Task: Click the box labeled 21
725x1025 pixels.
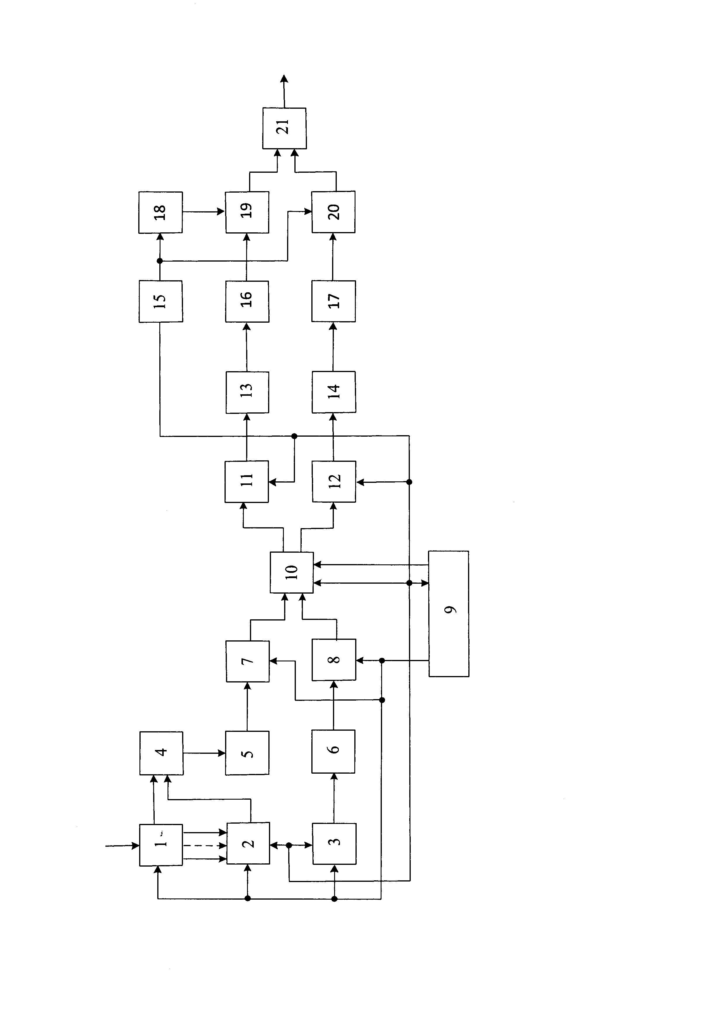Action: pos(284,128)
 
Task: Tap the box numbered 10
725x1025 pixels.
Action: pos(291,572)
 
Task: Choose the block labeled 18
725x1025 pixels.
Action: pos(160,212)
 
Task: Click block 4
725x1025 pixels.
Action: pos(161,753)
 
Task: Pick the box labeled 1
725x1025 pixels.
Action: pos(161,845)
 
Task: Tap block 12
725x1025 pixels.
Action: pos(334,481)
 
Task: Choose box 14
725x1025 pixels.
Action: pos(334,392)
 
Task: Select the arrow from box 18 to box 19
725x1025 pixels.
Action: pos(203,212)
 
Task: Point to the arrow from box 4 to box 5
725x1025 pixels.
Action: pos(204,753)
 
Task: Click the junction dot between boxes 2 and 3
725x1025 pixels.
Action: pos(289,845)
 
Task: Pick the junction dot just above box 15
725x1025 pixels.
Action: pos(160,261)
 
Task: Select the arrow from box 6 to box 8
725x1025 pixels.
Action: pos(334,705)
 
